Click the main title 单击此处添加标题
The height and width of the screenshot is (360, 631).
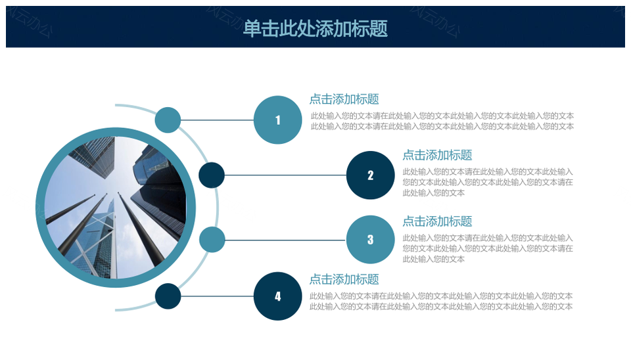point(315,28)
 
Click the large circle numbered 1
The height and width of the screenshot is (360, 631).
point(277,120)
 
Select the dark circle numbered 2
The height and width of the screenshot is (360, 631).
point(370,175)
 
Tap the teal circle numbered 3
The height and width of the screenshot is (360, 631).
point(370,239)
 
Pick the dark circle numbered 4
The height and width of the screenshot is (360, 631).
point(277,296)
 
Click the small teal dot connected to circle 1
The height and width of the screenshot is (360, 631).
point(168,120)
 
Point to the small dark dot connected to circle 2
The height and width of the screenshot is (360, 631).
point(212,175)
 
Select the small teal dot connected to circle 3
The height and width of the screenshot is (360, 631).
point(212,240)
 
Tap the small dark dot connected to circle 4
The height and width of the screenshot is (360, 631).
point(168,296)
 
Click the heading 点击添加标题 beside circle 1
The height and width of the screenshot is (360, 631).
point(344,99)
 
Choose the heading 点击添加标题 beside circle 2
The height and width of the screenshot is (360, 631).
point(437,155)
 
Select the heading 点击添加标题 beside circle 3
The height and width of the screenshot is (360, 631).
point(437,221)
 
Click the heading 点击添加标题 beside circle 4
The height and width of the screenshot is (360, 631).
point(344,279)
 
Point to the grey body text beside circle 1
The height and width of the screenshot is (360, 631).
point(442,121)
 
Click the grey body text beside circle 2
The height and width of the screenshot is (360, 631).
point(488,182)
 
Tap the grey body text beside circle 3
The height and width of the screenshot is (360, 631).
point(488,248)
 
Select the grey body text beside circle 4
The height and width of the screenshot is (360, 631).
point(441,302)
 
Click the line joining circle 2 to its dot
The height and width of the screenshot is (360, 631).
point(285,175)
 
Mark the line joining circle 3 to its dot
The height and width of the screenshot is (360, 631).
point(285,240)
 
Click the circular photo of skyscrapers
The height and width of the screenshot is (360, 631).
point(116,208)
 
